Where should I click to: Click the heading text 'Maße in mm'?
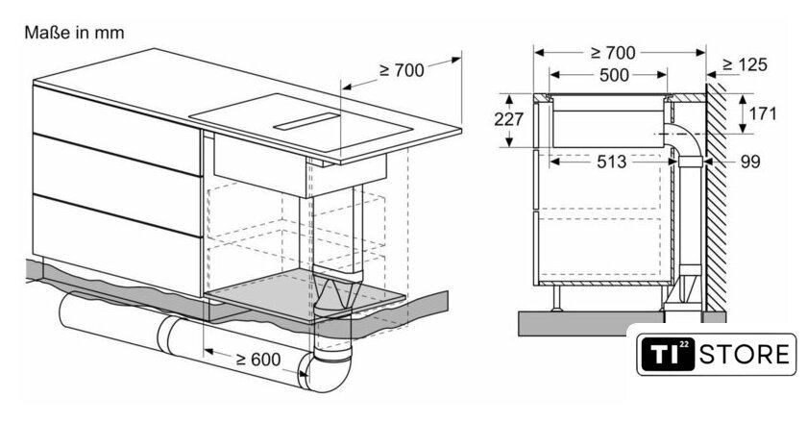pyautogui.click(x=74, y=33)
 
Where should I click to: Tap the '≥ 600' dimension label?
pyautogui.click(x=258, y=360)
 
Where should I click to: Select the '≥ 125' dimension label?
pyautogui.click(x=745, y=64)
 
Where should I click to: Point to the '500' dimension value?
pyautogui.click(x=614, y=75)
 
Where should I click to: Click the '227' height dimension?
pyautogui.click(x=508, y=119)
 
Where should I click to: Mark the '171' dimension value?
pyautogui.click(x=763, y=113)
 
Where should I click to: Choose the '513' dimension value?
pyautogui.click(x=611, y=162)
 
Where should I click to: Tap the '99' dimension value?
pyautogui.click(x=750, y=162)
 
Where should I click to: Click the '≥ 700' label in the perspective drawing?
pyautogui.click(x=402, y=70)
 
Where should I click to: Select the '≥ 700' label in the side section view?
pyautogui.click(x=613, y=53)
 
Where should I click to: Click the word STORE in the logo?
pyautogui.click(x=745, y=355)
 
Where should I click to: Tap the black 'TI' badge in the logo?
pyautogui.click(x=668, y=355)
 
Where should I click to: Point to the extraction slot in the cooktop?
pyautogui.click(x=307, y=121)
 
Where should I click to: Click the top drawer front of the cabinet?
pyautogui.click(x=117, y=131)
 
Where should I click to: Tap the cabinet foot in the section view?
pyautogui.click(x=557, y=298)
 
